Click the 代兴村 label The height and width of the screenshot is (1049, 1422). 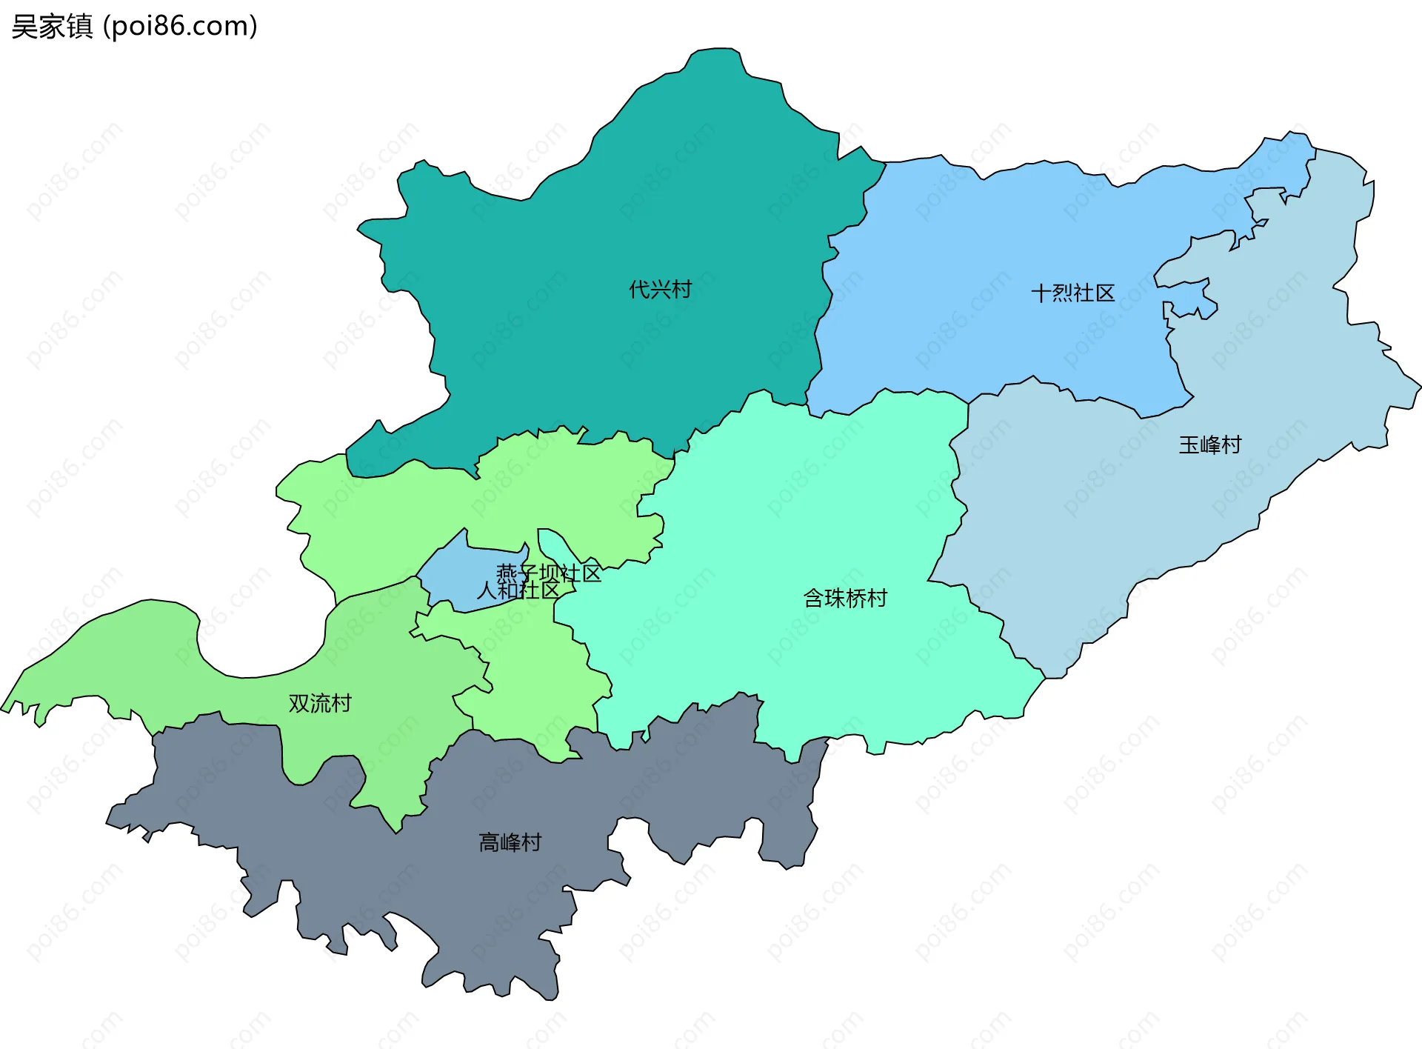pyautogui.click(x=660, y=289)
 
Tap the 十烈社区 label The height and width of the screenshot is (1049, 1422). pyautogui.click(x=1072, y=293)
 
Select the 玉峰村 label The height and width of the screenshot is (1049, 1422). pyautogui.click(x=1210, y=444)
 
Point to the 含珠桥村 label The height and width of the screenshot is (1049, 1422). pyautogui.click(x=845, y=598)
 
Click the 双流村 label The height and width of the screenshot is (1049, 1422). pyautogui.click(x=320, y=703)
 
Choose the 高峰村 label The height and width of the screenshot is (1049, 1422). pyautogui.click(x=510, y=842)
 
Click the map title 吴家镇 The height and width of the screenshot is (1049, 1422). pyautogui.click(x=52, y=27)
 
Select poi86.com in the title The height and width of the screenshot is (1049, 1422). pyautogui.click(x=180, y=27)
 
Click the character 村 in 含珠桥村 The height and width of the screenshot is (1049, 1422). pyautogui.click(x=877, y=598)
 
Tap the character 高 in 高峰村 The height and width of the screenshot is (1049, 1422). pyautogui.click(x=489, y=842)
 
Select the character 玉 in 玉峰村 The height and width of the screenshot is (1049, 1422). pyautogui.click(x=1189, y=444)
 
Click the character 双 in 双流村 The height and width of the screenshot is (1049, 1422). pyautogui.click(x=298, y=703)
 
